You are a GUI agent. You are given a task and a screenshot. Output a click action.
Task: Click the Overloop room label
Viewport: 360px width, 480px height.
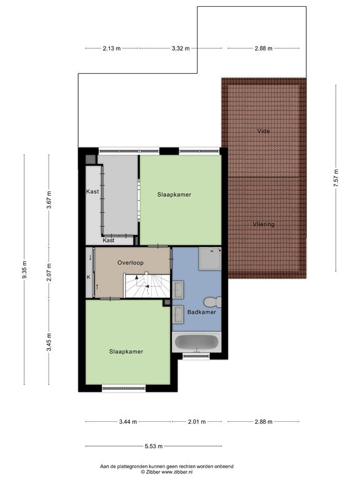[x=131, y=262]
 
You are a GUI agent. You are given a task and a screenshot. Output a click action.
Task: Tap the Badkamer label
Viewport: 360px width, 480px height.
[x=201, y=312]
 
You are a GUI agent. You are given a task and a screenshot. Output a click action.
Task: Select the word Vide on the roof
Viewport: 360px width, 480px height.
[x=263, y=131]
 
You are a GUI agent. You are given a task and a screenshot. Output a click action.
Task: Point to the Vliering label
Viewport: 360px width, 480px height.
[x=264, y=224]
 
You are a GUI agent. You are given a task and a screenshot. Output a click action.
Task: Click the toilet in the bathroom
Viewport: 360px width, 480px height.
[x=212, y=302]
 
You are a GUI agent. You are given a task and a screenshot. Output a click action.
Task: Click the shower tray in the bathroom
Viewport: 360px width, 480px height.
[x=210, y=259]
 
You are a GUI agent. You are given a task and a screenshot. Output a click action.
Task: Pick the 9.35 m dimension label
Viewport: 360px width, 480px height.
[x=24, y=269]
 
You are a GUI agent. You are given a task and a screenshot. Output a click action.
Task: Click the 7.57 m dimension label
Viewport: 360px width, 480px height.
[x=336, y=178]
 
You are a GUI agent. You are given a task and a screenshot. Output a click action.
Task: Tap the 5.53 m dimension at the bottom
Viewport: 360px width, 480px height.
[x=154, y=446]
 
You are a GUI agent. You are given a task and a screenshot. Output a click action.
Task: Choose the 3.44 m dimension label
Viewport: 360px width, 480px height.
[x=128, y=421]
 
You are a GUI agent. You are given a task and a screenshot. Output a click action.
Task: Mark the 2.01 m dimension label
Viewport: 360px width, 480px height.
[x=197, y=421]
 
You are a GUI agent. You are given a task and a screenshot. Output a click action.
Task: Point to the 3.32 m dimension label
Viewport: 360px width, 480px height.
[x=181, y=48]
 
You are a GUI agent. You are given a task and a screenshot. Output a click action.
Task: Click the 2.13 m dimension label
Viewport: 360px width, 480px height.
[x=112, y=48]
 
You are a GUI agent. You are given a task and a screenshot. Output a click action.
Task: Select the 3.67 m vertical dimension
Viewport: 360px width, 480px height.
[x=49, y=200]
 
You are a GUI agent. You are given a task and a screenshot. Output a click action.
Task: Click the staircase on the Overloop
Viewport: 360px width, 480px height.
[x=147, y=286]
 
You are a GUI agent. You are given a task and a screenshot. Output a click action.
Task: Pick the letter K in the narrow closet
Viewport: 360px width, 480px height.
[x=89, y=277]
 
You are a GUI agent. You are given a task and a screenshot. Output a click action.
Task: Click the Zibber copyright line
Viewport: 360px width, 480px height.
[x=167, y=472]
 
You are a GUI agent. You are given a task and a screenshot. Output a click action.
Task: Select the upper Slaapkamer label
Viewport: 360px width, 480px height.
[x=174, y=194]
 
